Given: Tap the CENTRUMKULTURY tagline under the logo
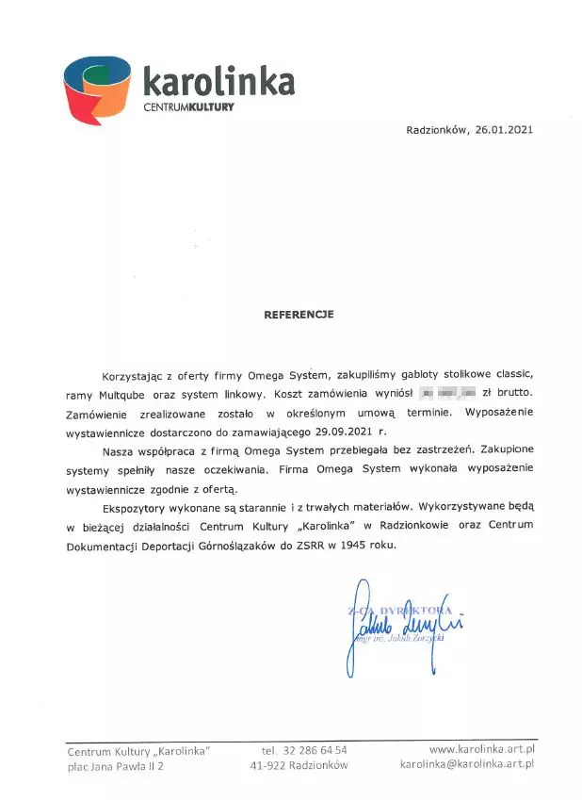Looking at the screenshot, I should tap(188, 107).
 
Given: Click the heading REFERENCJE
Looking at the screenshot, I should tap(299, 314).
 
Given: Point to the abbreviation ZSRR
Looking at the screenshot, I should tap(306, 545).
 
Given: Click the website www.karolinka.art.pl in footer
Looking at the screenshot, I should tap(481, 749).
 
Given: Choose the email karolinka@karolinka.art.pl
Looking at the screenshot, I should tap(467, 765).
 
